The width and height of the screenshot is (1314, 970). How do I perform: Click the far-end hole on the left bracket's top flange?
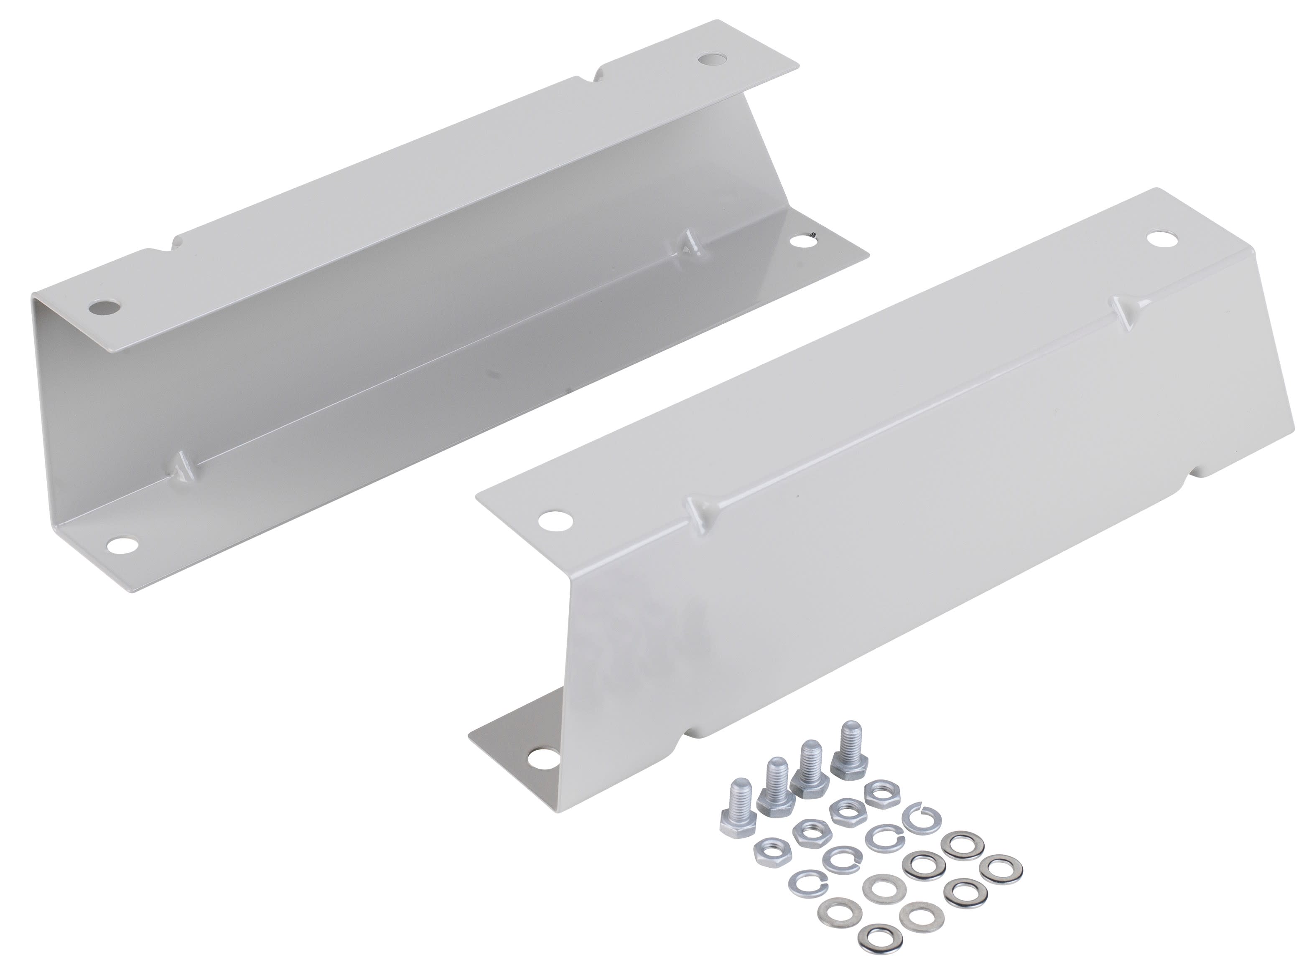pyautogui.click(x=711, y=59)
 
